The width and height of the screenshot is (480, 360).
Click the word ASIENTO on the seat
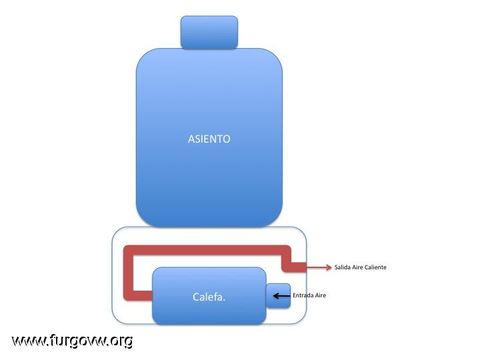click(x=209, y=139)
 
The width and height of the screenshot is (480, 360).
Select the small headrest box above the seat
click(x=209, y=33)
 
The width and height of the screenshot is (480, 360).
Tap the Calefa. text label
click(x=209, y=297)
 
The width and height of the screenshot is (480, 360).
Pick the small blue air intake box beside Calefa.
click(x=278, y=296)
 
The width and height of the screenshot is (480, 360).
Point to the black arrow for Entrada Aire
click(x=281, y=296)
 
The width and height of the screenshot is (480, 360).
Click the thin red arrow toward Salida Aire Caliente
click(x=319, y=267)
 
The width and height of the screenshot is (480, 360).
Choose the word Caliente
click(x=375, y=267)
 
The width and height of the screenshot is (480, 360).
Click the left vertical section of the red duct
click(x=128, y=273)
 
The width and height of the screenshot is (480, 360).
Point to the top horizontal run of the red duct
click(x=207, y=250)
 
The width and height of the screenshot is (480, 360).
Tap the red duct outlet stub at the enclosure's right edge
click(x=299, y=267)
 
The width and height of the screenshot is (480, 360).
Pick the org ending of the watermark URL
click(x=122, y=341)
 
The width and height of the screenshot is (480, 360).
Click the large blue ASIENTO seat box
click(x=209, y=138)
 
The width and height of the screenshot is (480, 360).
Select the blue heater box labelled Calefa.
click(x=209, y=296)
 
